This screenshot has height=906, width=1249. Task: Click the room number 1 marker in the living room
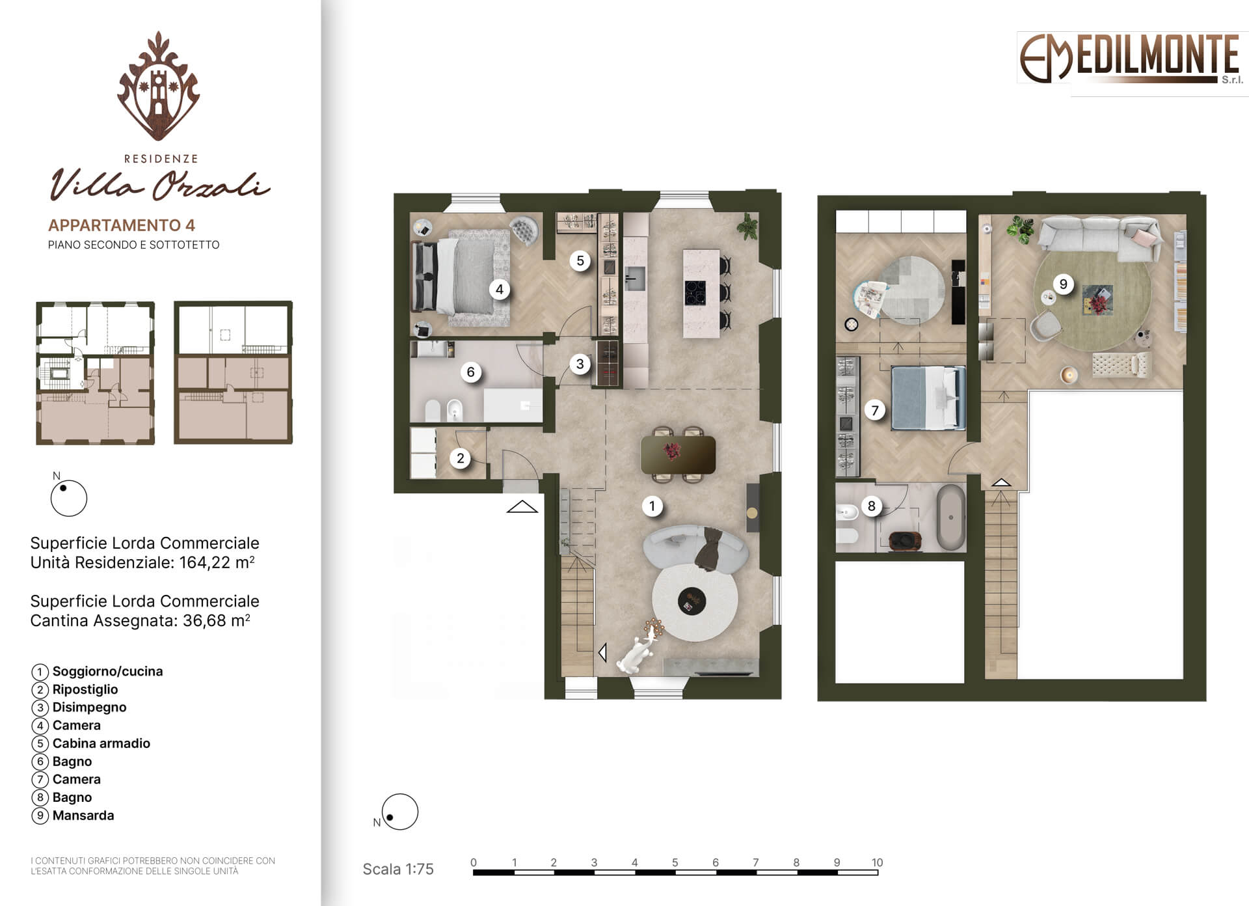pyautogui.click(x=652, y=506)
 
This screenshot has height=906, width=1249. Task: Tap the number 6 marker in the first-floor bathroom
pyautogui.click(x=470, y=372)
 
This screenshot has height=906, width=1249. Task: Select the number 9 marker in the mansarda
pyautogui.click(x=1063, y=284)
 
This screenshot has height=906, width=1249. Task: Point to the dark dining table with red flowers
pyautogui.click(x=678, y=454)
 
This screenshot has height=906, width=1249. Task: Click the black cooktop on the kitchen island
pyautogui.click(x=695, y=292)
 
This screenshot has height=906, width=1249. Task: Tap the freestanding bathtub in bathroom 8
pyautogui.click(x=951, y=517)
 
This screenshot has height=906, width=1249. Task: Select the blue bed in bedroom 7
pyautogui.click(x=928, y=398)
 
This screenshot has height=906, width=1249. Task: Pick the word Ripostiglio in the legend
pyautogui.click(x=85, y=689)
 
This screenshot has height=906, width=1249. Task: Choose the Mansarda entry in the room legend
pyautogui.click(x=83, y=816)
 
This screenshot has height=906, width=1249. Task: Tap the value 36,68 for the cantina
pyautogui.click(x=204, y=620)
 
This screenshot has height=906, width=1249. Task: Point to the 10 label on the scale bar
pyautogui.click(x=877, y=862)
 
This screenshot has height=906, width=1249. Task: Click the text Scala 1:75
pyautogui.click(x=398, y=869)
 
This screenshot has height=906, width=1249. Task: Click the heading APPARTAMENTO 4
pyautogui.click(x=122, y=225)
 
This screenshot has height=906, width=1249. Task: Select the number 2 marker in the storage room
pyautogui.click(x=460, y=458)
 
